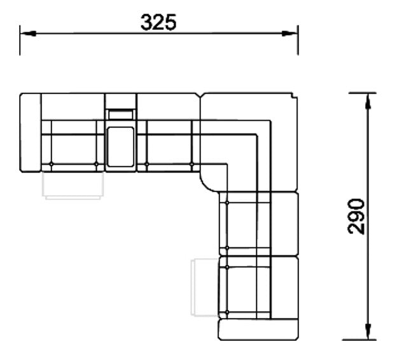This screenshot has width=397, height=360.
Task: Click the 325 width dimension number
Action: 158,22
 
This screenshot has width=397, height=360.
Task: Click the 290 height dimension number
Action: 356,216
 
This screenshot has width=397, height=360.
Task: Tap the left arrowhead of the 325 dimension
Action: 28,33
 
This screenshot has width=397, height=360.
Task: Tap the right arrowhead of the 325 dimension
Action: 290,33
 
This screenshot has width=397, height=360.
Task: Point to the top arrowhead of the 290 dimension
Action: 368,101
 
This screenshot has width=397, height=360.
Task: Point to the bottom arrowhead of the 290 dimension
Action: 368,331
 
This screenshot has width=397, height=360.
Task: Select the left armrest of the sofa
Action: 31,133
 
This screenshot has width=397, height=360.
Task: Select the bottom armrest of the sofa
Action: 258,329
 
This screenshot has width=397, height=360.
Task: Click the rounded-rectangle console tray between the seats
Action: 120,147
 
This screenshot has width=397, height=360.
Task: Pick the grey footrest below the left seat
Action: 73,185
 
